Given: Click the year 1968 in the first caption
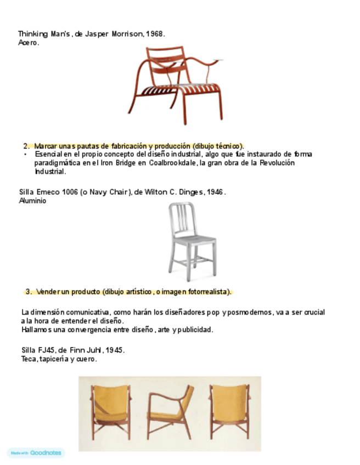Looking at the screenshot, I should point(155,34).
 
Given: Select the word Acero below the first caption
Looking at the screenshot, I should point(28,42).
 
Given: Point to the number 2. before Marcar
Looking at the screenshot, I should point(26,146).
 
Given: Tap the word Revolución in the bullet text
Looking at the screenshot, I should point(277,163).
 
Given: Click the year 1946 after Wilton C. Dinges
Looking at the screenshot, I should point(216,192).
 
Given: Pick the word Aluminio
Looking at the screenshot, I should point(32,201).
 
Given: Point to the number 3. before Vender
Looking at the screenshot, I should point(29,291).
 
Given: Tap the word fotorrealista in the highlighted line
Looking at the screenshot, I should point(207,291).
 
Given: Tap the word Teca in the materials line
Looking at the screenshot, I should point(29,359).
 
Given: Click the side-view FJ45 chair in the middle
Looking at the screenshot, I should point(170,411).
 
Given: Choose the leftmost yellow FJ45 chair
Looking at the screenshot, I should point(111,411).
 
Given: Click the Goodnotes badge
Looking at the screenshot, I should point(36,453).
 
